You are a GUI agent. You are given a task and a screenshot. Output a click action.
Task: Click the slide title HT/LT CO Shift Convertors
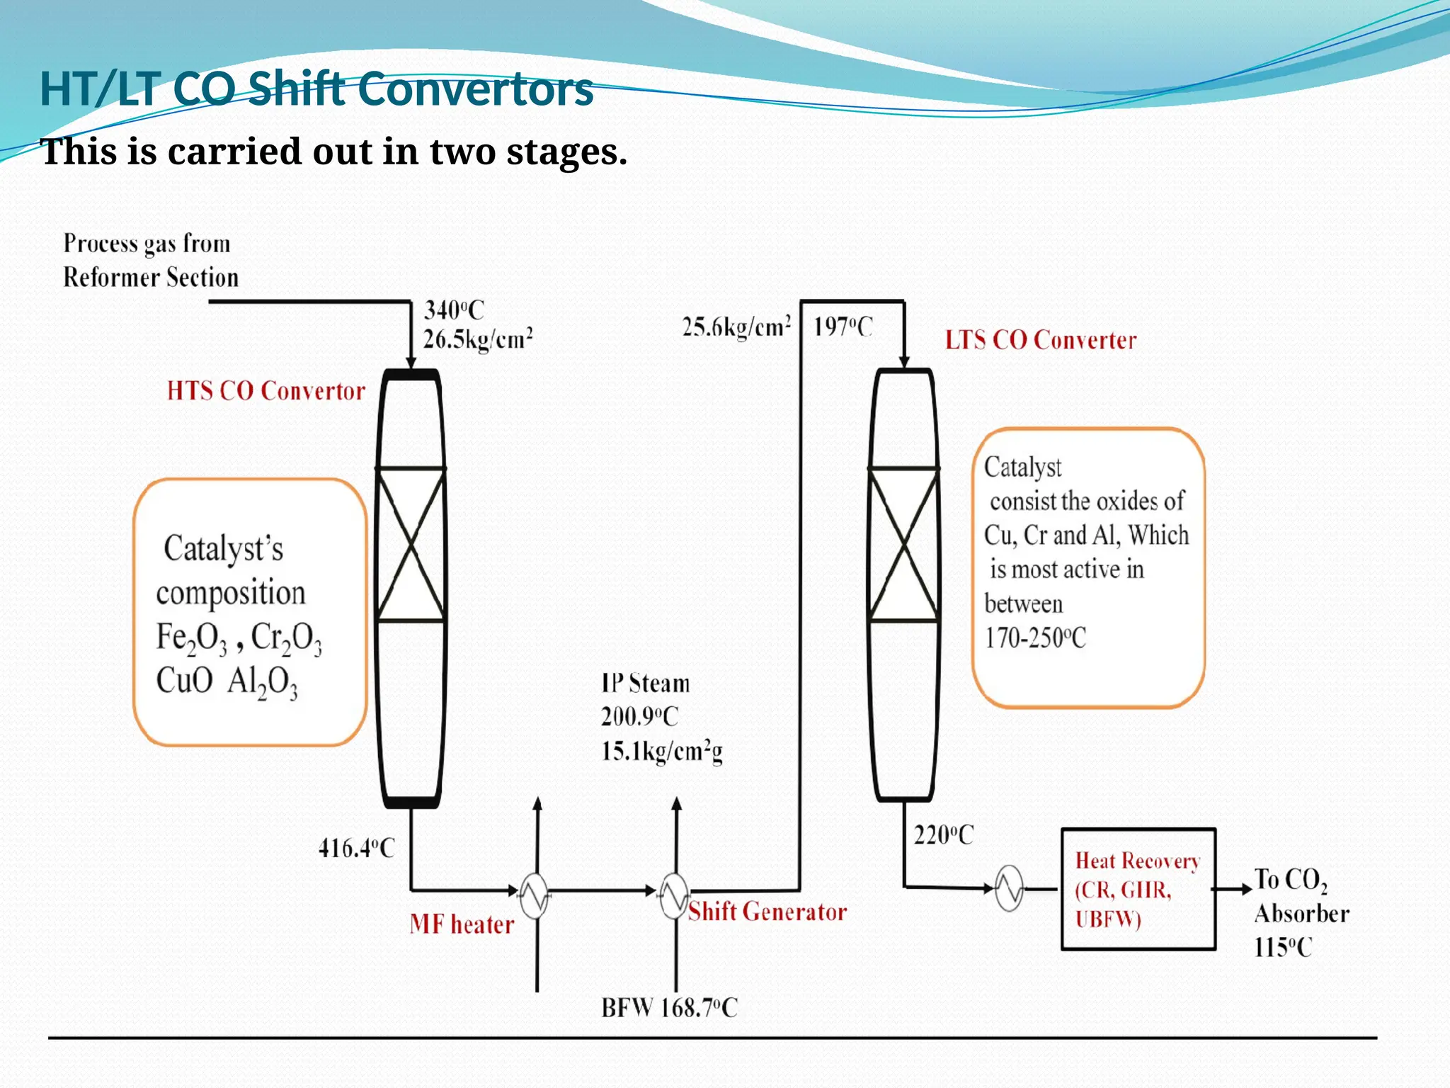[x=316, y=89]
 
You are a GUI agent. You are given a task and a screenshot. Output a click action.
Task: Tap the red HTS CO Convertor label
[x=266, y=391]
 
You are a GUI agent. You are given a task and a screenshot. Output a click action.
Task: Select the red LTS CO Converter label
[x=1041, y=340]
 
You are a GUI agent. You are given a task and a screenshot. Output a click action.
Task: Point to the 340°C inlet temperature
[x=454, y=310]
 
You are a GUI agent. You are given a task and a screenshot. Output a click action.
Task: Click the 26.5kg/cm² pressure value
[x=478, y=339]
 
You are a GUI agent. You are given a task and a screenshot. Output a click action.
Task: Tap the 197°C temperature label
[x=843, y=327]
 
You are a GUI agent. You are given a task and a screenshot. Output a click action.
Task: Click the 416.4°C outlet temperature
[x=356, y=848]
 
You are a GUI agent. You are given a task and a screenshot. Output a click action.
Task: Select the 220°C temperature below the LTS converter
[x=943, y=835]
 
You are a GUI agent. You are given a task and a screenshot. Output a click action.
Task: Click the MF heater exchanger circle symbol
[x=535, y=896]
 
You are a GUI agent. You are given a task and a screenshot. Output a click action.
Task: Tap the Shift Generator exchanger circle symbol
[x=674, y=896]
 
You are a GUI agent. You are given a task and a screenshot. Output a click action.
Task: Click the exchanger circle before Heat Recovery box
[x=1009, y=888]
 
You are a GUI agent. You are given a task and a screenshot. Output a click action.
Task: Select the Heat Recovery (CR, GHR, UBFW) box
[x=1138, y=889]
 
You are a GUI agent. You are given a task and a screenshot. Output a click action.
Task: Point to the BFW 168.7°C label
[x=669, y=1007]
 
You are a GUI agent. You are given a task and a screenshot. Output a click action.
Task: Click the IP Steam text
[x=645, y=684]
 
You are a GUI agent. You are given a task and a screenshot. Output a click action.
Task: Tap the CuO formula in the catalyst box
[x=184, y=681]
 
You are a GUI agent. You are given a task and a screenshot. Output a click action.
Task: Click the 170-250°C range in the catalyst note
[x=1035, y=638]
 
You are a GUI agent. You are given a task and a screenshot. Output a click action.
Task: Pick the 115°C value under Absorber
[x=1283, y=948]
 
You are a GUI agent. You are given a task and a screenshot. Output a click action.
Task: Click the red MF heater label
[x=462, y=924]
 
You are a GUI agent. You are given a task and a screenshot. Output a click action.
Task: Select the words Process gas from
[x=147, y=244]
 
